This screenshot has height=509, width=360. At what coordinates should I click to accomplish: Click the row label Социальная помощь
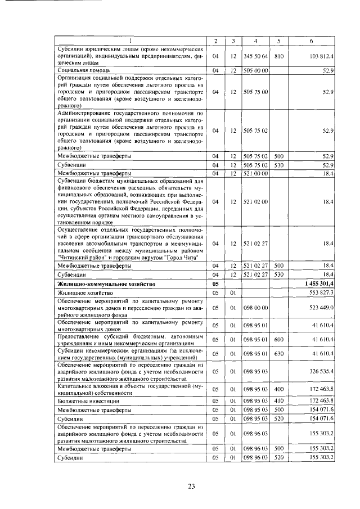tap(78, 70)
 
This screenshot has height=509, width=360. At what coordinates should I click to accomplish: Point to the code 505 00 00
tap(255, 70)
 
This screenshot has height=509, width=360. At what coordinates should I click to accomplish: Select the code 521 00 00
tap(255, 174)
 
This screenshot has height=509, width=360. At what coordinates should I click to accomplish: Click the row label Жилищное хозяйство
tap(85, 293)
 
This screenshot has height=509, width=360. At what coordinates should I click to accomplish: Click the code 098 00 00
tap(255, 308)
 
